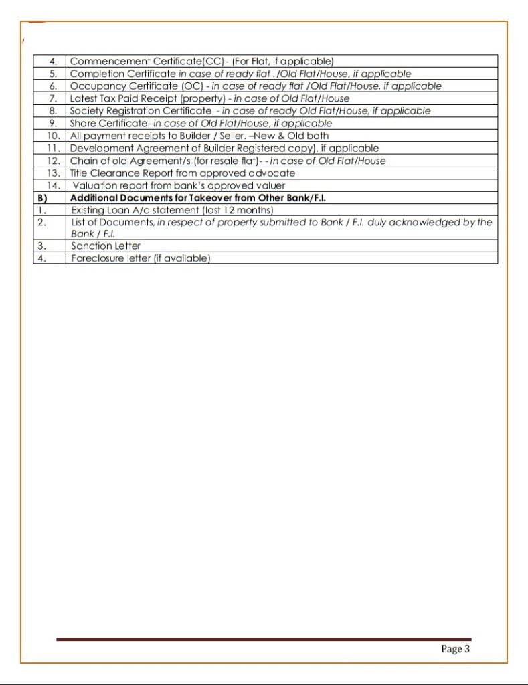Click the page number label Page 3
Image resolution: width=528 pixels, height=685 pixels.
(x=456, y=648)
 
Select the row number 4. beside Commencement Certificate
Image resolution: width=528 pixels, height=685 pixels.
(x=54, y=62)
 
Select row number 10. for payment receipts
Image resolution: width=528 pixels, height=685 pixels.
(x=54, y=136)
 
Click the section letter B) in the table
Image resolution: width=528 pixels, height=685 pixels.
(x=41, y=198)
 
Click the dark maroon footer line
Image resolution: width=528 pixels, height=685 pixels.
(x=264, y=640)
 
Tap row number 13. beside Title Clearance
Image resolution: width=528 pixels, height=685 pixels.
(x=54, y=173)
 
